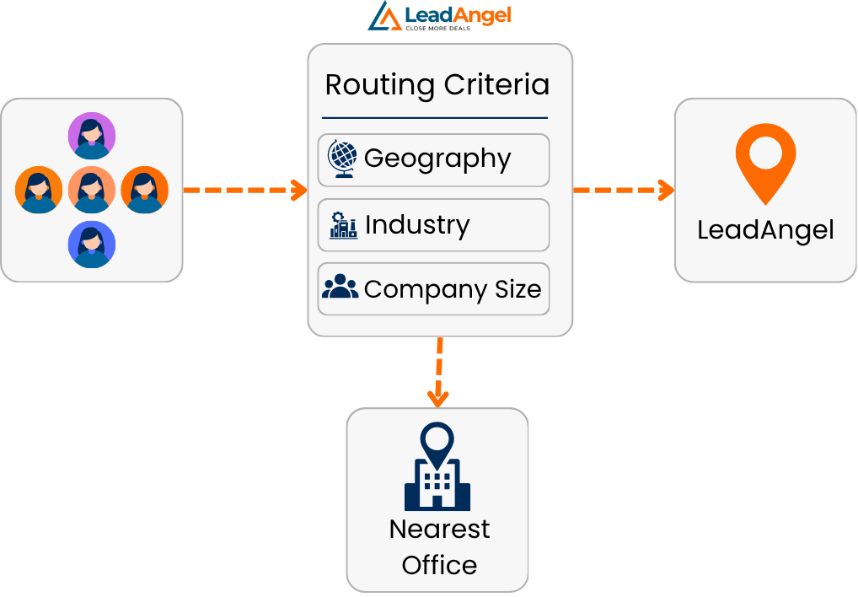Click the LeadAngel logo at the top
[439, 16]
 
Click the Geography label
[437, 159]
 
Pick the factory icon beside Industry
[342, 225]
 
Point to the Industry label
[417, 225]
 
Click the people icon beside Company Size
[341, 288]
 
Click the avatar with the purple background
[92, 136]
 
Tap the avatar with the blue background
[92, 245]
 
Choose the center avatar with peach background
[92, 190]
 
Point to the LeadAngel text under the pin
[765, 229]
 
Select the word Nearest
[439, 530]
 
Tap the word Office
[439, 565]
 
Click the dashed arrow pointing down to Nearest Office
[438, 371]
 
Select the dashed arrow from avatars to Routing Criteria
[244, 190]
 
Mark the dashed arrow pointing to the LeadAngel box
[624, 190]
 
